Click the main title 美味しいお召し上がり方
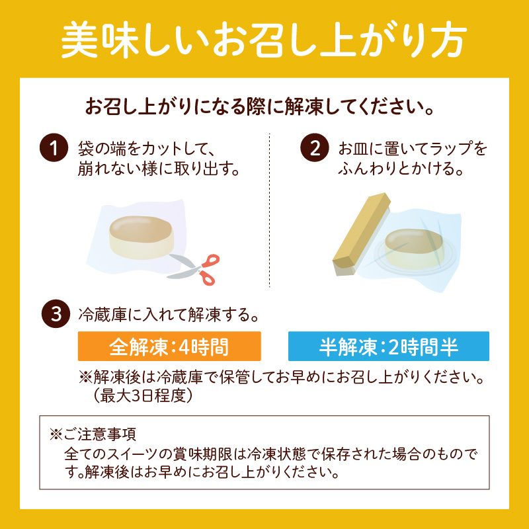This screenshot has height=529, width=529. tap(264, 40)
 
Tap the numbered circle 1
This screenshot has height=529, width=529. tap(54, 147)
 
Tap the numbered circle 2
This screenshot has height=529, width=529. tap(315, 147)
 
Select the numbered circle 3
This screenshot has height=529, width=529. tap(56, 313)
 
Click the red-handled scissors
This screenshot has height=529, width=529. tap(194, 269)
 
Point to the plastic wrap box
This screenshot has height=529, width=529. tap(360, 234)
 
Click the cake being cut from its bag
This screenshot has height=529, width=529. tap(142, 237)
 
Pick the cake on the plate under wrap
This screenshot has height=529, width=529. tap(414, 249)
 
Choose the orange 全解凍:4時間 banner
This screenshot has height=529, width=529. tap(169, 346)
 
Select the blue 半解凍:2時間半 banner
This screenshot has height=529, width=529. tap(389, 346)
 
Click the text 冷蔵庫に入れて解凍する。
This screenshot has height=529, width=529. tap(169, 315)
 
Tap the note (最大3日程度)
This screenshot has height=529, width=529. tap(143, 395)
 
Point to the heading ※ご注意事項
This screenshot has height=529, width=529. tap(93, 434)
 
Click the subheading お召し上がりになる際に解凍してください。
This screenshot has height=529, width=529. tap(259, 106)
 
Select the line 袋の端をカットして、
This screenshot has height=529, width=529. tap(147, 148)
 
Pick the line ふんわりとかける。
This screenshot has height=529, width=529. tap(401, 168)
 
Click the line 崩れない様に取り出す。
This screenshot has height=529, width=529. tap(159, 168)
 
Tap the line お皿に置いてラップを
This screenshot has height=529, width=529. tap(413, 148)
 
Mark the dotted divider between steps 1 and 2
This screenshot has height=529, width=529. tap(269, 210)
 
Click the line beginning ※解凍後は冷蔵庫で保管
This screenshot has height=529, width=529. tap(282, 377)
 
